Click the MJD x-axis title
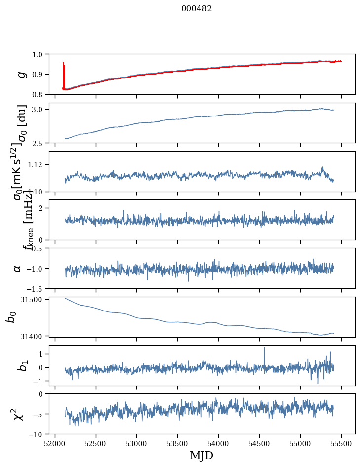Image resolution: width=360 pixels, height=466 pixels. (x=201, y=455)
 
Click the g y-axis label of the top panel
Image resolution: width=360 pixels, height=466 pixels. (x=21, y=74)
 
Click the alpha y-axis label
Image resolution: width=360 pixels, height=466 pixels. (x=18, y=268)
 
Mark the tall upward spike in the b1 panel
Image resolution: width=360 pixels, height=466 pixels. (x=264, y=348)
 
